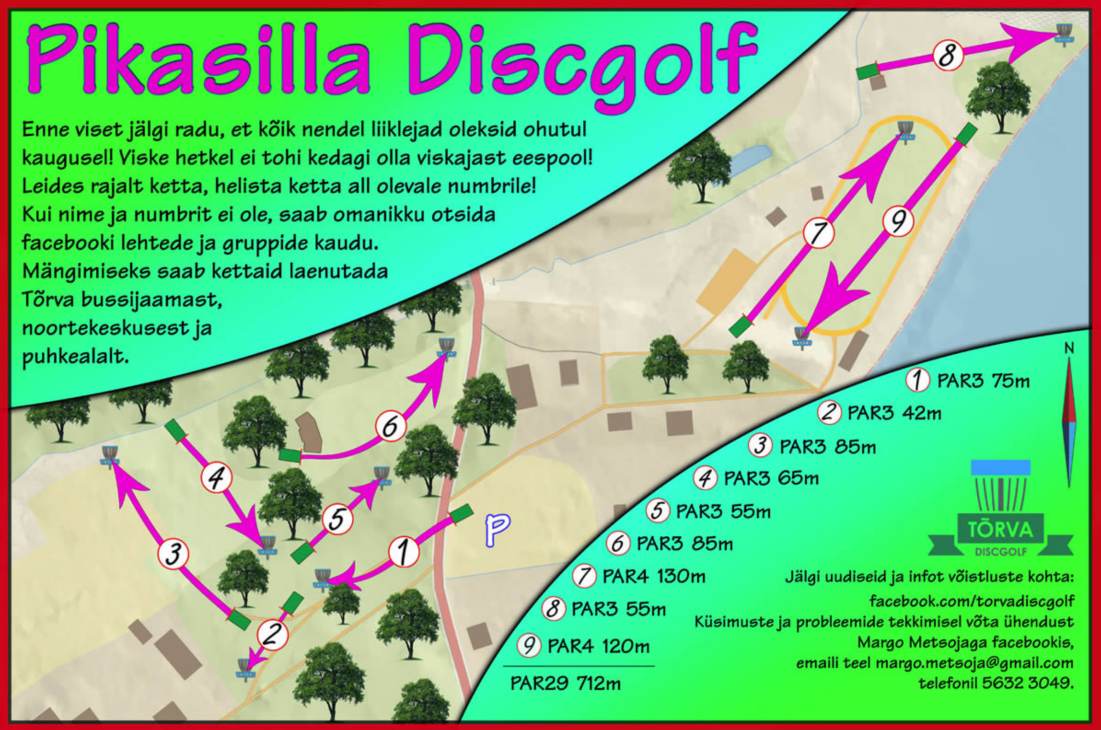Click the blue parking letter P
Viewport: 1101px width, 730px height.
click(x=497, y=530)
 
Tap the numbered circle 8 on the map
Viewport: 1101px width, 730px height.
click(x=948, y=55)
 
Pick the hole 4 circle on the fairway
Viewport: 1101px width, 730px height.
click(x=216, y=477)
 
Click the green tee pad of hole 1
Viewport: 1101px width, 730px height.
click(x=461, y=514)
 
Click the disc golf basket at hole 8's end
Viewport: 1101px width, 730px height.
click(x=1064, y=34)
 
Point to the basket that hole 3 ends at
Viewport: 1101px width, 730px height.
click(x=110, y=457)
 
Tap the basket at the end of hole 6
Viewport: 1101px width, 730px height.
click(x=446, y=349)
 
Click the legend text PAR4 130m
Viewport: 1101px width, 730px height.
click(x=654, y=576)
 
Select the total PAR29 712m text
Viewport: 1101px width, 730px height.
click(x=566, y=683)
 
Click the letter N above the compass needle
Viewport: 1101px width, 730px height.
click(x=1069, y=348)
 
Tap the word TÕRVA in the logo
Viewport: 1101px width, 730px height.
click(x=1000, y=529)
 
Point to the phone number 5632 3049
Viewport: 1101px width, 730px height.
click(x=1027, y=683)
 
